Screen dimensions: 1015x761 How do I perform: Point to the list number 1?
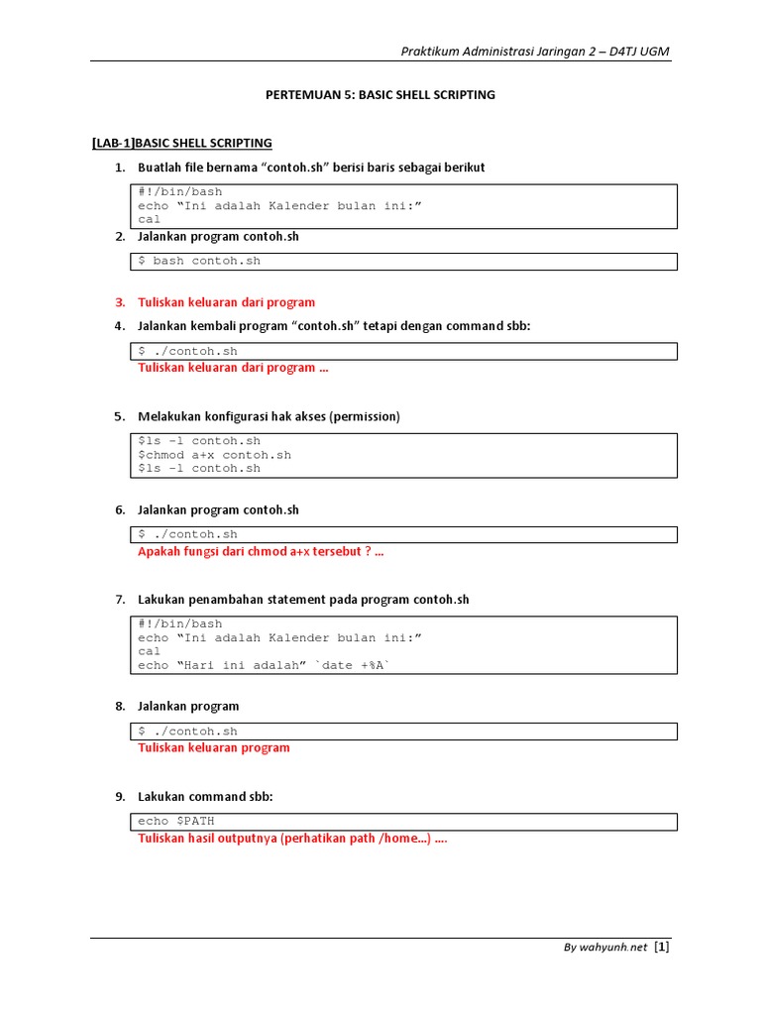pyautogui.click(x=120, y=168)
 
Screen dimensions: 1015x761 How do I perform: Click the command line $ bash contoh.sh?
pyautogui.click(x=199, y=261)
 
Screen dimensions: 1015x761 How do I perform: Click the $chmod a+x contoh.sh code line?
pyautogui.click(x=215, y=455)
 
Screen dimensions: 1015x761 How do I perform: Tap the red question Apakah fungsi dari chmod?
pyautogui.click(x=260, y=552)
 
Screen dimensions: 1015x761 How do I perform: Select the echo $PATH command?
pyautogui.click(x=176, y=821)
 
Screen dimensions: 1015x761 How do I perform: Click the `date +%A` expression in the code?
pyautogui.click(x=352, y=665)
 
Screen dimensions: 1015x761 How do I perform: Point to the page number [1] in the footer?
pyautogui.click(x=662, y=947)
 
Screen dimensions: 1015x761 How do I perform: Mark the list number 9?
pyautogui.click(x=120, y=796)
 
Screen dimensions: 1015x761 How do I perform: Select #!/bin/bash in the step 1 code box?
pyautogui.click(x=180, y=191)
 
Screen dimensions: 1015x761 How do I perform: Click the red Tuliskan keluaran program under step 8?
pyautogui.click(x=213, y=747)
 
